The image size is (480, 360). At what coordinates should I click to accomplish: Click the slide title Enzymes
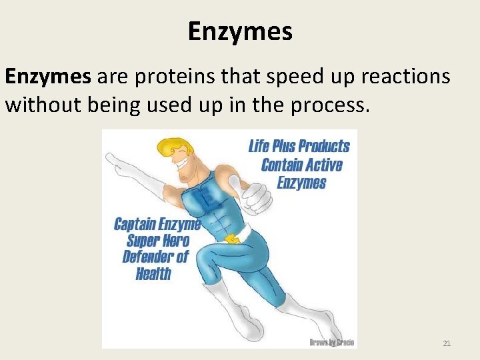click(x=240, y=31)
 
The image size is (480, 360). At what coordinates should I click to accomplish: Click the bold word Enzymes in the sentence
click(x=48, y=77)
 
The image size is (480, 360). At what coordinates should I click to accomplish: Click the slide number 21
click(x=447, y=343)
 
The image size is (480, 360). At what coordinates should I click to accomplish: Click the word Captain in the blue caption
click(x=136, y=224)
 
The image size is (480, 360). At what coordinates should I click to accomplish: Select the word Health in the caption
click(x=153, y=273)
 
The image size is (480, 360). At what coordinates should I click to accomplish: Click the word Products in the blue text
click(x=324, y=147)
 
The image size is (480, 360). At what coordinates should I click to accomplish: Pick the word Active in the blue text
click(x=321, y=165)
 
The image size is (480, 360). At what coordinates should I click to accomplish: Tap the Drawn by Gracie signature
click(x=331, y=342)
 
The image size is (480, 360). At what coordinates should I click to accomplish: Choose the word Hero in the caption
click(x=176, y=241)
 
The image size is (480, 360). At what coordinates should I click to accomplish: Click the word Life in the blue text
click(x=259, y=147)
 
